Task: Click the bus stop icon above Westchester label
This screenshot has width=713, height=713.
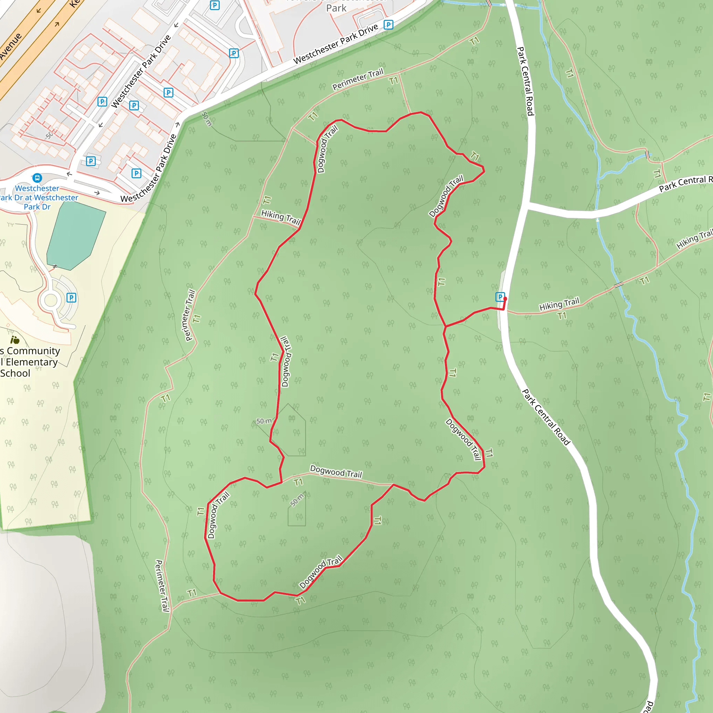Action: click(x=37, y=178)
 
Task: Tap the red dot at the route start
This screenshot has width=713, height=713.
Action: click(x=505, y=299)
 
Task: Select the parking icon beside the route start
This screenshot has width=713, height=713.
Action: click(x=500, y=297)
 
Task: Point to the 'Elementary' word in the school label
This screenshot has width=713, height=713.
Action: click(x=32, y=362)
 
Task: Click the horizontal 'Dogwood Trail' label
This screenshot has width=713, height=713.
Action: click(x=336, y=472)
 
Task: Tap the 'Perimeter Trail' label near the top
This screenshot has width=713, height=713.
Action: click(x=358, y=79)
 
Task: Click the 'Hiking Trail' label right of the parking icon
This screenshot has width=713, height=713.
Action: click(x=559, y=304)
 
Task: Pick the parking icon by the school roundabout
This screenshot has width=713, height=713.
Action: click(x=71, y=297)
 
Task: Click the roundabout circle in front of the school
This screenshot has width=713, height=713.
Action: click(x=50, y=300)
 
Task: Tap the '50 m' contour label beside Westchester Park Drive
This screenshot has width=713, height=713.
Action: click(x=207, y=118)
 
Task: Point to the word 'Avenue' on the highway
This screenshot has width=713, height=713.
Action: click(x=11, y=46)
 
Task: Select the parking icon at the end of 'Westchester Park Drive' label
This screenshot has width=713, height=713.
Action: click(x=388, y=25)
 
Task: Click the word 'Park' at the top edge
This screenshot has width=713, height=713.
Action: click(x=336, y=8)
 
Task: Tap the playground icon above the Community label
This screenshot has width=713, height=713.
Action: click(x=15, y=340)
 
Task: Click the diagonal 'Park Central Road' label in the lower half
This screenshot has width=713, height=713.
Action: click(x=546, y=417)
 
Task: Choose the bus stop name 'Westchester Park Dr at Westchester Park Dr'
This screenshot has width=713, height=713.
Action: click(x=37, y=197)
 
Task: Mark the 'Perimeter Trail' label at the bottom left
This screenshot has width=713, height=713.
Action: click(x=162, y=586)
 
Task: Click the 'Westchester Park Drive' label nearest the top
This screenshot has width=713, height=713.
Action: click(x=336, y=44)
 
